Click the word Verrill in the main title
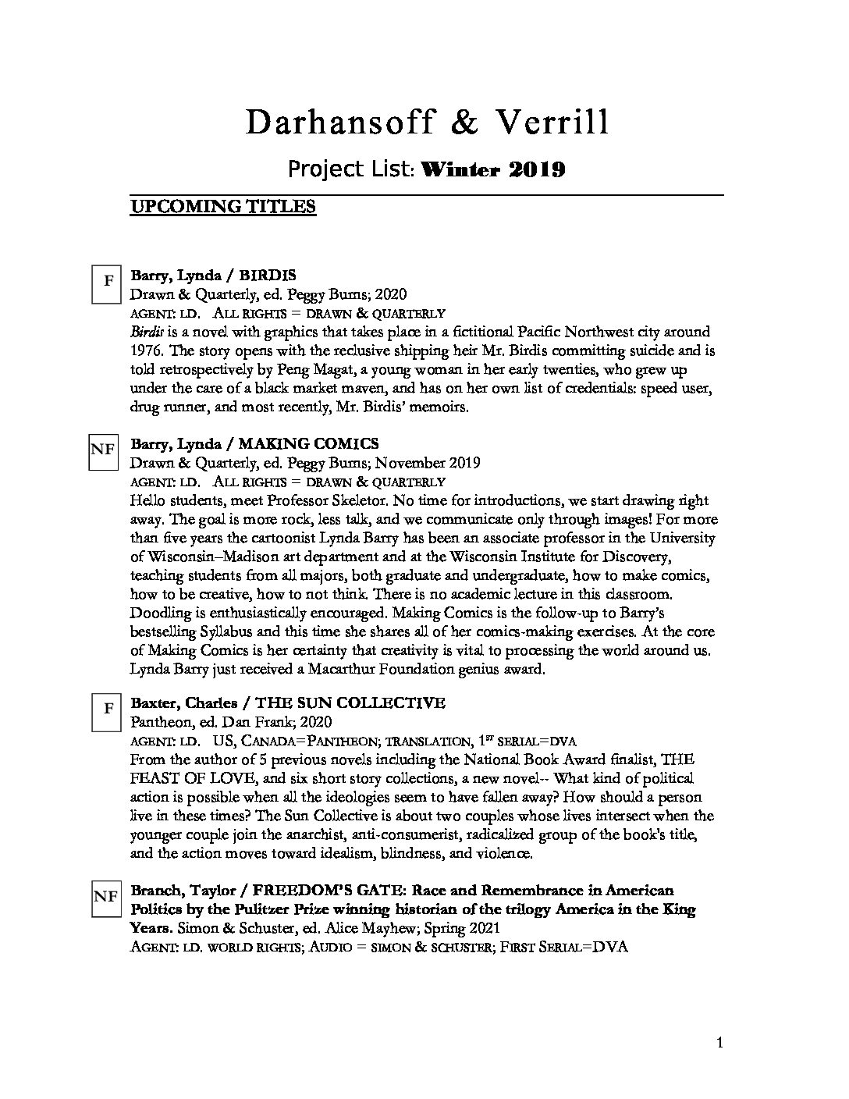tap(549, 123)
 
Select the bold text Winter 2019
tap(492, 169)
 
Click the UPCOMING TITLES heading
tap(222, 207)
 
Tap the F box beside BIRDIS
tap(108, 280)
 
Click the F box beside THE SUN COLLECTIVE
tap(108, 710)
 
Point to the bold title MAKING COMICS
tap(308, 444)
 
